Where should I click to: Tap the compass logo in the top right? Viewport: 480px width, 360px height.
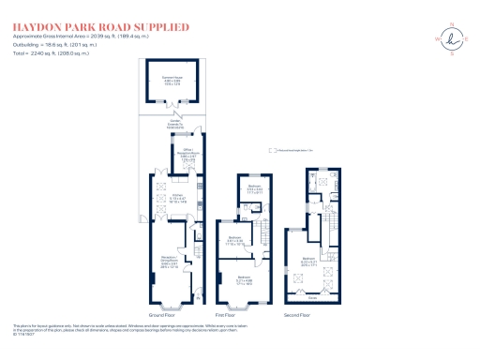[x=456, y=37]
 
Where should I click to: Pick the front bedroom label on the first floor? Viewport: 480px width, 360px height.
[x=244, y=279]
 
